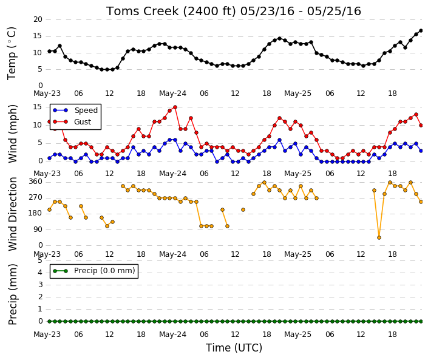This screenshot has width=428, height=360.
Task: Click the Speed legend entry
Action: point(75,110)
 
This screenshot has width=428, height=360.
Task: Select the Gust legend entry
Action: point(72,122)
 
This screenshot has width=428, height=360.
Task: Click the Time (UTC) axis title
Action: point(234,348)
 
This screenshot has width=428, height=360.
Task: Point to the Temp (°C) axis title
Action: point(12,53)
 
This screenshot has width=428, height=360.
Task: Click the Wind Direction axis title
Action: point(13,214)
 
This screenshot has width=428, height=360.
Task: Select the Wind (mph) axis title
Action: point(13,134)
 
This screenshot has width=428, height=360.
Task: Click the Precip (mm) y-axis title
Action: point(13,294)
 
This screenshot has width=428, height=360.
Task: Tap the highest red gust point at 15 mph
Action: point(175,107)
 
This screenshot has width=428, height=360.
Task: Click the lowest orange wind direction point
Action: point(379,238)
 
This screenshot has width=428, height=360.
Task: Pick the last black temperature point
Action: point(421,31)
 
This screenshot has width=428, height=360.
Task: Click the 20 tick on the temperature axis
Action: point(38,19)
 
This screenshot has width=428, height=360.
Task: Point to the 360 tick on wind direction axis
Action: point(35,182)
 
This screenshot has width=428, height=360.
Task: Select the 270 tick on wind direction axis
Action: point(35,197)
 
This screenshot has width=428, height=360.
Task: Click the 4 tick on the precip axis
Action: point(40,273)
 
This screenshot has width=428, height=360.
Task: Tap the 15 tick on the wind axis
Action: point(38,107)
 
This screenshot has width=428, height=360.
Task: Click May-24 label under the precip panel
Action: point(172,335)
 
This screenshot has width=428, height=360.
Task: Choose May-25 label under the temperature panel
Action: point(297,93)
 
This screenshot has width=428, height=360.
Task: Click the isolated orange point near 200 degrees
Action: point(243,210)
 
